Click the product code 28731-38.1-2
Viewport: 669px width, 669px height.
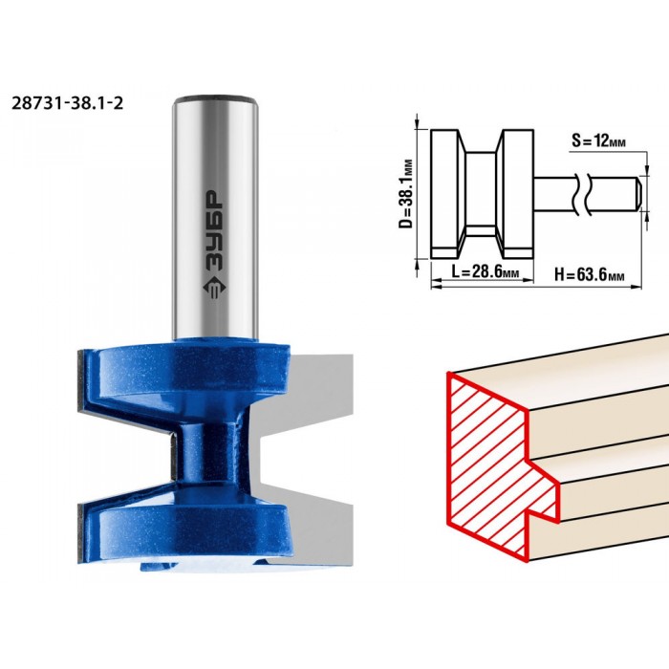68,103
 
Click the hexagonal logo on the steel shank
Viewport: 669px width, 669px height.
213,288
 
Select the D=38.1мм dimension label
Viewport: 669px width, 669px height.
406,193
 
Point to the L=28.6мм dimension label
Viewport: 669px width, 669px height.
486,271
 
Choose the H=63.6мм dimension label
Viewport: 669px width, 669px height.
590,274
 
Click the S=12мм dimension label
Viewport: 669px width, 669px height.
598,140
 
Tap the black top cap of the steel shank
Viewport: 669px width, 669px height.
215,98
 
